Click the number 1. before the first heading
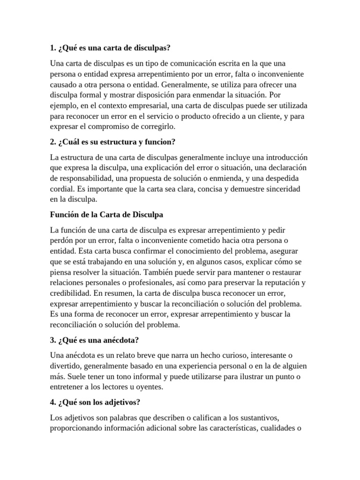pyautogui.click(x=52, y=48)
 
